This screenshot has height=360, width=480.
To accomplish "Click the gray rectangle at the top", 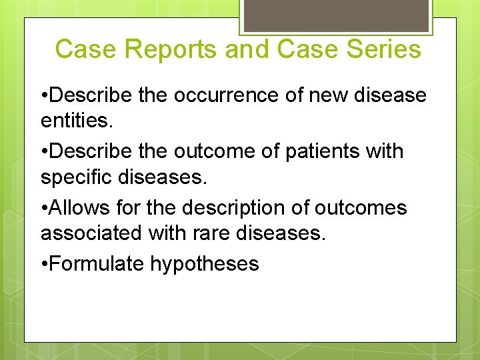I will [335, 15].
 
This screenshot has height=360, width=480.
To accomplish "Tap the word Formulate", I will [97, 263].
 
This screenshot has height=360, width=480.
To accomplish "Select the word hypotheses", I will [205, 263].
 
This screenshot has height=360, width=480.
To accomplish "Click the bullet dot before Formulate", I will [44, 263].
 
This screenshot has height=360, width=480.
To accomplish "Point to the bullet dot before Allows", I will [44, 207].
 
